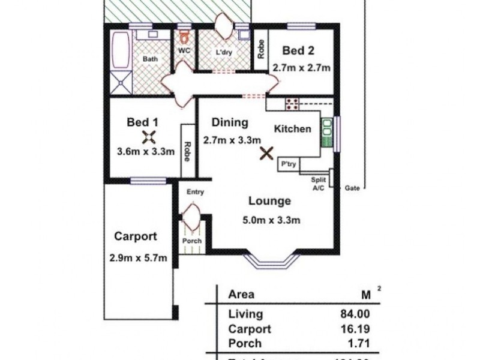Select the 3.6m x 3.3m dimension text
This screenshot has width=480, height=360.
pyautogui.click(x=146, y=152)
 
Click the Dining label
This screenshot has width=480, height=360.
pyautogui.click(x=230, y=123)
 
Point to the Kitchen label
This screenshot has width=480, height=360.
pyautogui.click(x=292, y=129)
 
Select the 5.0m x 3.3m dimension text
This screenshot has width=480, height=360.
pyautogui.click(x=271, y=220)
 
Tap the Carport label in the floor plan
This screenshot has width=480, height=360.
pyautogui.click(x=136, y=236)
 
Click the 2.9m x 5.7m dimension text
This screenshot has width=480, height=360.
pyautogui.click(x=137, y=258)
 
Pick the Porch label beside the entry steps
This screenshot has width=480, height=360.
pyautogui.click(x=192, y=241)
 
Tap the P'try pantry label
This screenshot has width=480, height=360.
pyautogui.click(x=286, y=164)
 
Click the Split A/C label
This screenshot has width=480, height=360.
pyautogui.click(x=318, y=184)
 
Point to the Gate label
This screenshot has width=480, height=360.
pyautogui.click(x=352, y=188)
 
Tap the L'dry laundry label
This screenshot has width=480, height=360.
pyautogui.click(x=224, y=52)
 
